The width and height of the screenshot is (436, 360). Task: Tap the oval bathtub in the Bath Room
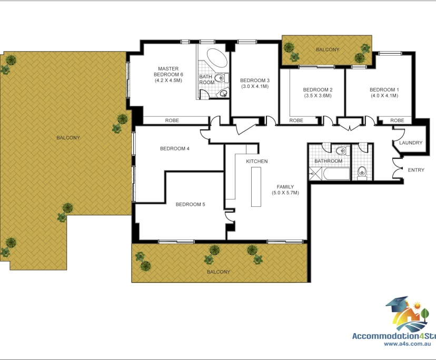[215, 57]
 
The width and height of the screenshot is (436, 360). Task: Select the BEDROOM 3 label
[255, 81]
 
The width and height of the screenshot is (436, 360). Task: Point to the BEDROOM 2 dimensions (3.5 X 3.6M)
[318, 96]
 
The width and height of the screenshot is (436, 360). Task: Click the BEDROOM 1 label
[384, 89]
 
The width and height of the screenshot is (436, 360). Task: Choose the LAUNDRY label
[411, 143]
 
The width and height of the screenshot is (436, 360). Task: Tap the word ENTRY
[415, 170]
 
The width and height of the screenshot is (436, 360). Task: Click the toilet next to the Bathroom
[362, 171]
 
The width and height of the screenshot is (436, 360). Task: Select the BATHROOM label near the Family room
[328, 161]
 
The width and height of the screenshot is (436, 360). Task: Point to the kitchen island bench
[256, 186]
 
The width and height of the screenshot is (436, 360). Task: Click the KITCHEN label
[257, 161]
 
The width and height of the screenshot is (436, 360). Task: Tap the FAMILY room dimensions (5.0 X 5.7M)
[285, 193]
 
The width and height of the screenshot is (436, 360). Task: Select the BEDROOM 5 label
[190, 204]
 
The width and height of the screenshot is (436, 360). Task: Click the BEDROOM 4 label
[174, 148]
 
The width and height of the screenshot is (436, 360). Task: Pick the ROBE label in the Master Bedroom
[172, 121]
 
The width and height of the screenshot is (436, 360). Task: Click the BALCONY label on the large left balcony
[68, 137]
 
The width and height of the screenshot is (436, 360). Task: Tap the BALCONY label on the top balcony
[328, 49]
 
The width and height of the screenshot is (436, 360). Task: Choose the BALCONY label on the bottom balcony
[218, 272]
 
